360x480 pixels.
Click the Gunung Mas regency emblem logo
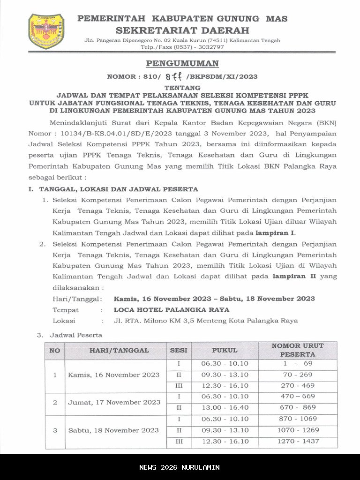[x=46, y=31]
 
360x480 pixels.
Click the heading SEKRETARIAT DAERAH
[x=182, y=30]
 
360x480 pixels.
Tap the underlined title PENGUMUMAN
[x=182, y=64]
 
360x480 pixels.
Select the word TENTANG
[x=182, y=88]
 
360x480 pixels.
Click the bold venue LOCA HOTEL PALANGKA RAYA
[x=172, y=310]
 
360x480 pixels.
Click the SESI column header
[x=179, y=350]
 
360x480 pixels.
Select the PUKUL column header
[x=225, y=350]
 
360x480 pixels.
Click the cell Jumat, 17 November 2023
[x=114, y=402]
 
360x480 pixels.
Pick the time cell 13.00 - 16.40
[x=225, y=408]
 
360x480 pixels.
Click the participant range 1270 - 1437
[x=298, y=441]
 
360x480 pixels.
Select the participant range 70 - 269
[x=298, y=375]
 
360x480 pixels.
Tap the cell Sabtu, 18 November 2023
[x=113, y=430]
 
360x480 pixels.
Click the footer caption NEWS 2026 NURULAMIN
[x=180, y=467]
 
